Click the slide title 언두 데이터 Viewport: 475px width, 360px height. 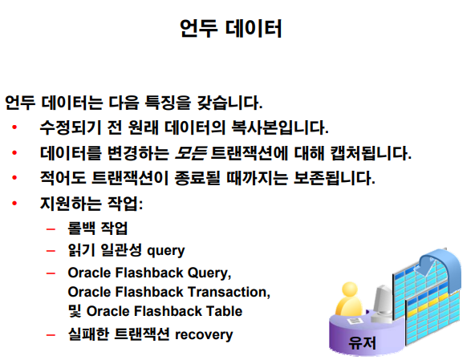[x=231, y=28]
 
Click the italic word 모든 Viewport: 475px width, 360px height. [x=191, y=153]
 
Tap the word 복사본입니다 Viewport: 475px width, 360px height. [x=280, y=127]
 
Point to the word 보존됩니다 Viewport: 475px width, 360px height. [x=335, y=178]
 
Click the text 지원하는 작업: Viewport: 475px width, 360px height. [x=91, y=204]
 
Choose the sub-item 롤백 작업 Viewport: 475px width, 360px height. [x=98, y=229]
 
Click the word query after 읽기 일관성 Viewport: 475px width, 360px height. [x=166, y=251]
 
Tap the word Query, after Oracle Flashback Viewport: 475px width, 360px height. [x=209, y=273]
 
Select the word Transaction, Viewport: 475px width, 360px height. [x=229, y=292]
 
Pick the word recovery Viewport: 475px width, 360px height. [x=204, y=335]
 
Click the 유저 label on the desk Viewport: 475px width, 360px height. [x=362, y=343]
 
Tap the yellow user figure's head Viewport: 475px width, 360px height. [x=350, y=289]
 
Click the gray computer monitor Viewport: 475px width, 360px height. [x=382, y=301]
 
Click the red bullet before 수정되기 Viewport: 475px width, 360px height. [x=14, y=127]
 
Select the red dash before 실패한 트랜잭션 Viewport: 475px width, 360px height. [x=51, y=335]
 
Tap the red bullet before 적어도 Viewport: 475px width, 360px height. [x=14, y=178]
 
